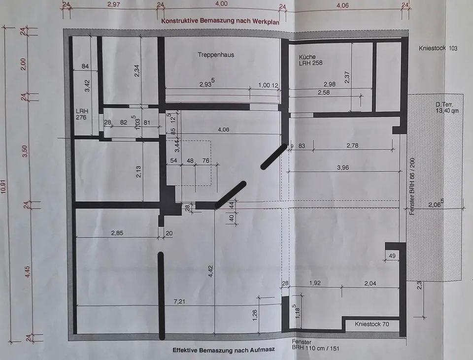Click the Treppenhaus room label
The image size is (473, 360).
pos(216,55)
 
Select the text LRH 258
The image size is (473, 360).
pos(310,64)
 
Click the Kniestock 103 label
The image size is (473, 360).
pos(438,49)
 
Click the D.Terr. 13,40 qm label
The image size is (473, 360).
pos(447,108)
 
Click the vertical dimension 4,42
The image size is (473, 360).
pos(210,273)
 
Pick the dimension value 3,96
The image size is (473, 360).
pos(346,167)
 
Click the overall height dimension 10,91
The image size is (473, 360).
pos(4,188)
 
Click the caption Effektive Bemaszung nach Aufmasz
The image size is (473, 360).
pos(223,350)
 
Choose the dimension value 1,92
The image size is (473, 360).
pos(315,283)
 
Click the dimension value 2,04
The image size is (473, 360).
pos(371,283)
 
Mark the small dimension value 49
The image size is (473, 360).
pos(392,256)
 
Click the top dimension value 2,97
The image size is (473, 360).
pos(114,4)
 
